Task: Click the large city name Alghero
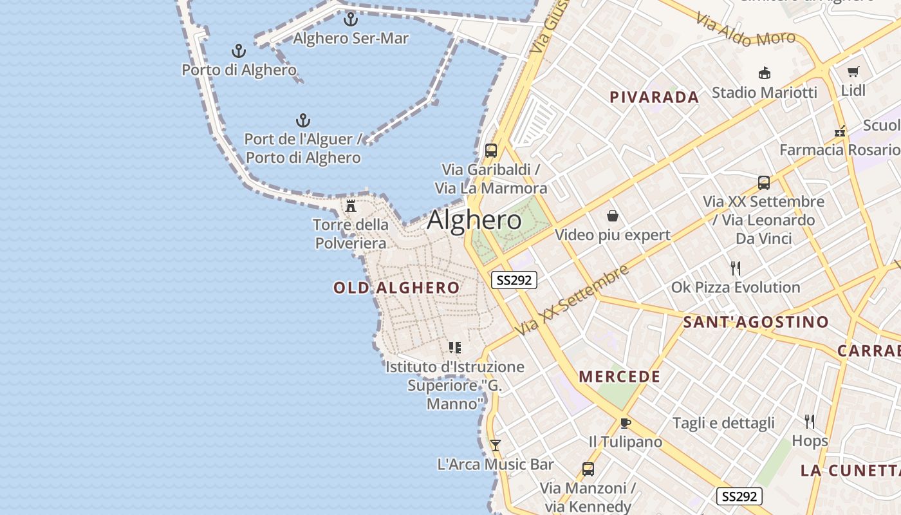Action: [x=474, y=220]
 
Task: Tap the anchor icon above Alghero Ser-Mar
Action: [x=351, y=19]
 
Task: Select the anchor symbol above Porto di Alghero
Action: [x=239, y=51]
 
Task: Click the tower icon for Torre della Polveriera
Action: [x=351, y=206]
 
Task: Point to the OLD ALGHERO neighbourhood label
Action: [x=396, y=288]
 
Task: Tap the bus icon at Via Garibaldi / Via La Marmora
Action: [x=491, y=151]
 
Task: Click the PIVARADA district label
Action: [x=654, y=97]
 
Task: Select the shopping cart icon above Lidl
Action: [x=853, y=71]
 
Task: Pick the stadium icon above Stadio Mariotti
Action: [x=765, y=73]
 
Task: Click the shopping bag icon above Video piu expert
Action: [x=612, y=216]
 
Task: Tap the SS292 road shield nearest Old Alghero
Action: [x=514, y=280]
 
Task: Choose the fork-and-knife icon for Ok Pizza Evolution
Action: [x=736, y=268]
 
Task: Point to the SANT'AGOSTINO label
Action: [x=756, y=322]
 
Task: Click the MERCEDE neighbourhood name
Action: [x=619, y=377]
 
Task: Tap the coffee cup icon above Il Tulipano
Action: [x=625, y=423]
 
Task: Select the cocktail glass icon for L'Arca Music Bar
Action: [x=495, y=445]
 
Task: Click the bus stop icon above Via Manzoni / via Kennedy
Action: [x=588, y=469]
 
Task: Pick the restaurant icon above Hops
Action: [x=810, y=422]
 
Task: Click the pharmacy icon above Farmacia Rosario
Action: [x=840, y=131]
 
